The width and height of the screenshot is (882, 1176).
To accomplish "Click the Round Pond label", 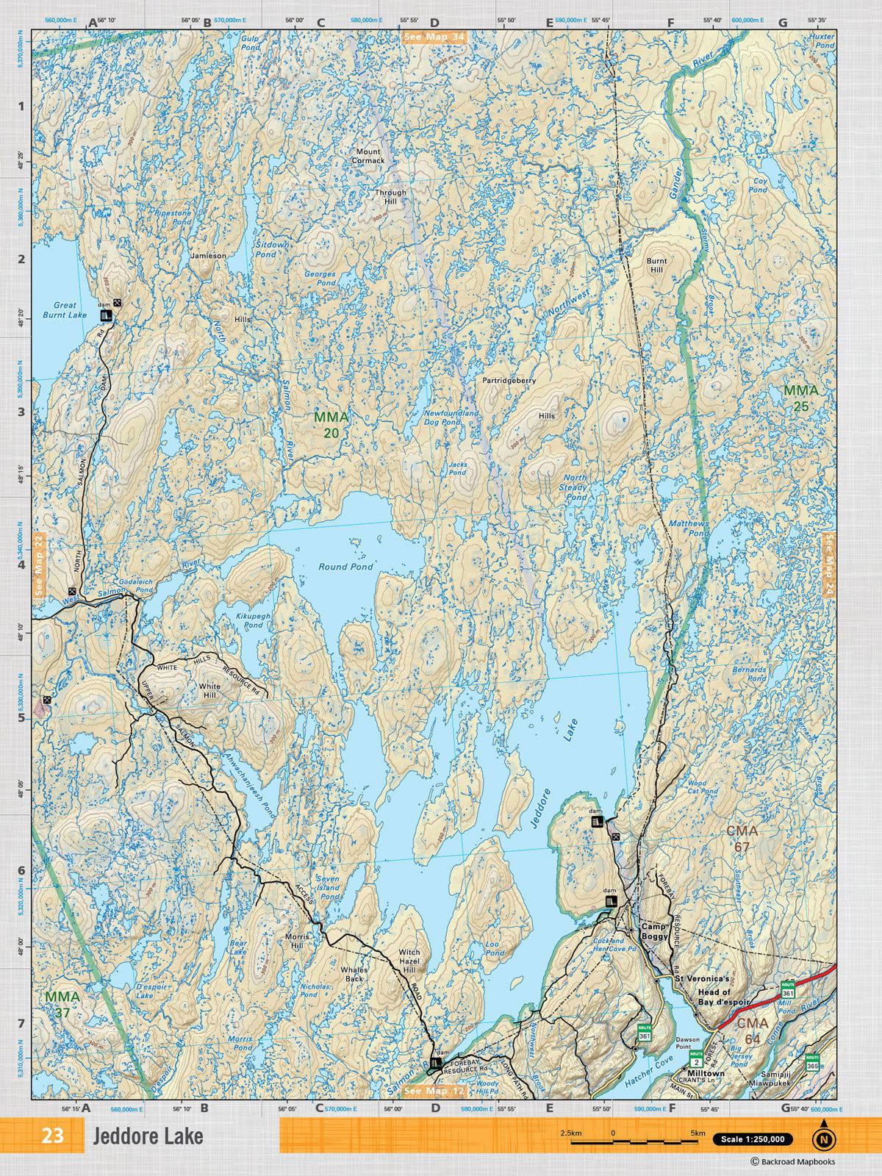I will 345,567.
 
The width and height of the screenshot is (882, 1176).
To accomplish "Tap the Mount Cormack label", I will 368,156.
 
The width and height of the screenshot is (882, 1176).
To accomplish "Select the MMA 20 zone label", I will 331,425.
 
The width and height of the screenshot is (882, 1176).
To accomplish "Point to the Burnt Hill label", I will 656,265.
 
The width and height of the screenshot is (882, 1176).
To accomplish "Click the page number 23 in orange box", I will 52,1136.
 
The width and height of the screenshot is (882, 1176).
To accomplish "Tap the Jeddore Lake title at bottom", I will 148,1136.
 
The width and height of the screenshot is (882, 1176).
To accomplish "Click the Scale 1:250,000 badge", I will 752,1139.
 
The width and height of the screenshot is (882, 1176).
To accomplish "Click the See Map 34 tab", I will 434,37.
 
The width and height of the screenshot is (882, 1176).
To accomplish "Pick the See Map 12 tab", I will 434,1091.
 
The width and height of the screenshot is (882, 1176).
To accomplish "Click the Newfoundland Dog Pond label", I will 451,417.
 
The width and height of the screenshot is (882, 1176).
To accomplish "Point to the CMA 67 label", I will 742,839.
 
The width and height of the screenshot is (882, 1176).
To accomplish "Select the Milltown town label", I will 706,1073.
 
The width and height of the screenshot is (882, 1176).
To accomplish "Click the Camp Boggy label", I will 653,931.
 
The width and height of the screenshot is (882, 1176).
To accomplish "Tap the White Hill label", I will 209,690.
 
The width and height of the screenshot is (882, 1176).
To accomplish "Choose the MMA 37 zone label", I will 62,1005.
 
